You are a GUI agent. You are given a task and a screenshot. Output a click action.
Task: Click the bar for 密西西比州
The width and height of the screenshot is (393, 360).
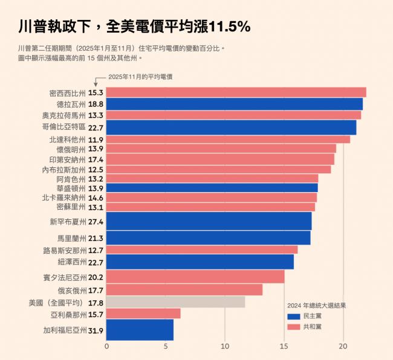(x=236, y=92)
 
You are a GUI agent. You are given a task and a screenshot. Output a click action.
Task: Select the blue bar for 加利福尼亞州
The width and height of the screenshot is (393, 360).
(x=140, y=330)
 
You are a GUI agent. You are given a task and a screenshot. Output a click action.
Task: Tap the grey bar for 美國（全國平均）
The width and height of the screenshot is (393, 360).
(x=175, y=302)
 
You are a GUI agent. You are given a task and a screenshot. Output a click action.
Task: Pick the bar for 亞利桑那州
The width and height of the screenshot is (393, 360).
(x=143, y=314)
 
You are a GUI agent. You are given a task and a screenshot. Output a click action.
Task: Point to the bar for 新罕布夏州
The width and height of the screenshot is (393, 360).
(x=209, y=221)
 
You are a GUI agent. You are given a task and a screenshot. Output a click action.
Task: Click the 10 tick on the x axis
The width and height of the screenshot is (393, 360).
(x=225, y=346)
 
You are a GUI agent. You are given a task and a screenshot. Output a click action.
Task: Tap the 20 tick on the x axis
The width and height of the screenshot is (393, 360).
(x=343, y=346)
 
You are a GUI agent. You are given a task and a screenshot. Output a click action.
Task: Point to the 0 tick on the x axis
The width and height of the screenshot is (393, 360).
(x=107, y=346)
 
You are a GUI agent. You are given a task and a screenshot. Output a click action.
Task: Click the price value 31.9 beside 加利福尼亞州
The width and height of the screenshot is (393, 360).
(x=96, y=330)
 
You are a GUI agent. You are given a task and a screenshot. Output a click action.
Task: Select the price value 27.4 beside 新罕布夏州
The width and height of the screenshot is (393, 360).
(x=96, y=222)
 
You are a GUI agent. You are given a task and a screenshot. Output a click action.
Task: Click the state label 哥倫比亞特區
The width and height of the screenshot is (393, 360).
(x=63, y=127)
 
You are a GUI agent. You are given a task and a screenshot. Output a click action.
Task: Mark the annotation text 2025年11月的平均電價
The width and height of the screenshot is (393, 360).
(x=138, y=77)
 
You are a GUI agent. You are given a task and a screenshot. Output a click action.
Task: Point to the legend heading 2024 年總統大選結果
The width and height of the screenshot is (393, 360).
(x=316, y=306)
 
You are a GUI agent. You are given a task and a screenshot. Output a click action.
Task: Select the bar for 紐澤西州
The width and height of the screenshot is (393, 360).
(x=200, y=262)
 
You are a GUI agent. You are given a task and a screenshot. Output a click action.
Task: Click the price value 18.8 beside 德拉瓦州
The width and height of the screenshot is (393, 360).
(x=96, y=104)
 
